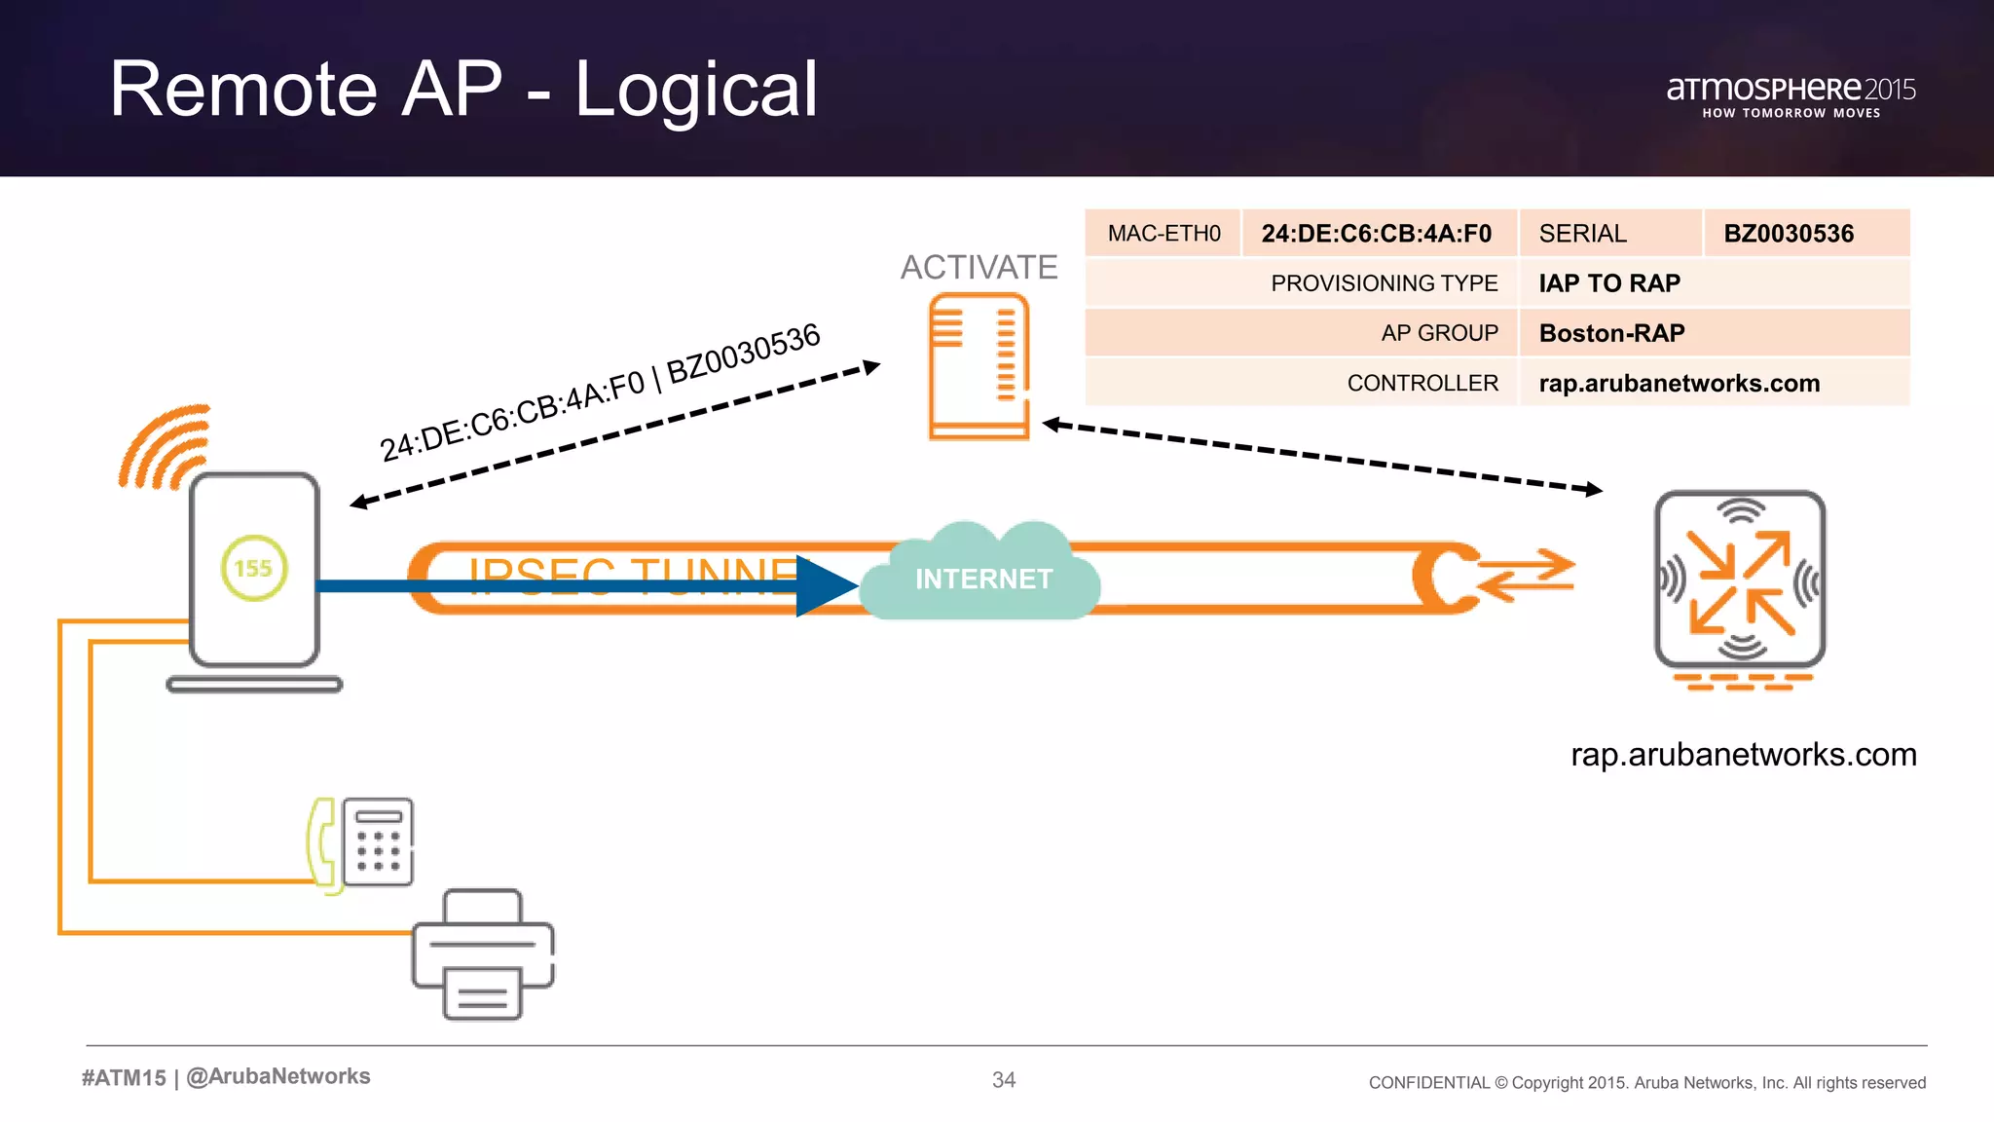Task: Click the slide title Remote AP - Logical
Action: tap(463, 90)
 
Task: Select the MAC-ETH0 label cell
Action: tap(1163, 234)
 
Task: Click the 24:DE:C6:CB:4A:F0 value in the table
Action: tap(1376, 234)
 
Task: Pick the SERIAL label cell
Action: tap(1582, 234)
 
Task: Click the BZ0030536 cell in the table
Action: tap(1789, 234)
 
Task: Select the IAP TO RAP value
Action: tap(1609, 283)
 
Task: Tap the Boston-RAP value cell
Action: tap(1611, 333)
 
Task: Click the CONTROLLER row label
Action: tap(1422, 384)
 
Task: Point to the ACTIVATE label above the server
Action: tap(979, 267)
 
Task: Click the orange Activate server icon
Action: tap(979, 366)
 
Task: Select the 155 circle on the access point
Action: tap(253, 568)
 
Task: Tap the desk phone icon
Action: tap(362, 842)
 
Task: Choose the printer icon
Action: tap(483, 954)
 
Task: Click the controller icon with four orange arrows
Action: tap(1740, 581)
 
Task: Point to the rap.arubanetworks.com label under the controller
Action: tap(1743, 755)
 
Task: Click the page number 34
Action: tap(1003, 1080)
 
